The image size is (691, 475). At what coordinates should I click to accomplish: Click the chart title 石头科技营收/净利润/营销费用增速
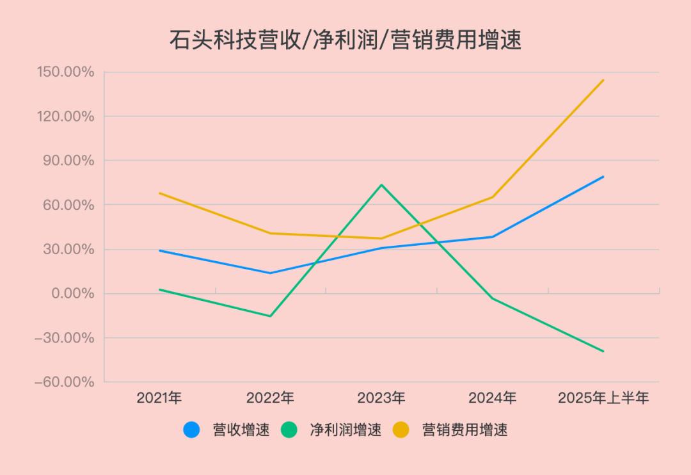(x=345, y=40)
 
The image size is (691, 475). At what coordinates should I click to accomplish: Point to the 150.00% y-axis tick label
(x=65, y=72)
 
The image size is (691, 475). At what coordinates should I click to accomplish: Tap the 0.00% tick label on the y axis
(x=72, y=294)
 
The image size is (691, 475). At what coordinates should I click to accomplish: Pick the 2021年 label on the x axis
(x=159, y=398)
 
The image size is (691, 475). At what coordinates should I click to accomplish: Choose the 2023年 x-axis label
(x=381, y=398)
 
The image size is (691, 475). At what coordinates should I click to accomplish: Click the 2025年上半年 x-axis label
(x=603, y=398)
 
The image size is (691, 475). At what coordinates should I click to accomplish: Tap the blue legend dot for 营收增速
(x=191, y=430)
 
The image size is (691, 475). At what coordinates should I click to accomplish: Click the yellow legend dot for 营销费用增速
(x=401, y=430)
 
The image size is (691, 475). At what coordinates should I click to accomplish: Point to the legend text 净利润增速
(x=345, y=430)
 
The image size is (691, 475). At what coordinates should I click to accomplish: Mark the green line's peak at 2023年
(x=381, y=185)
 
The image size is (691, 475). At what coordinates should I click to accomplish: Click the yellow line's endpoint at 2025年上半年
(x=603, y=80)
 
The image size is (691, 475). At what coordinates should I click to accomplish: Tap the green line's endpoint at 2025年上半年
(x=603, y=351)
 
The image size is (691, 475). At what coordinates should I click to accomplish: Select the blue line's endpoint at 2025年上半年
(x=603, y=177)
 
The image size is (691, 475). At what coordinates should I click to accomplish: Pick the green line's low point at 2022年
(x=271, y=316)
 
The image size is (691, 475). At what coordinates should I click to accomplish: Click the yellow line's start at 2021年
(x=159, y=193)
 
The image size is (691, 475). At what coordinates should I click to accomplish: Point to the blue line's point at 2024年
(x=493, y=237)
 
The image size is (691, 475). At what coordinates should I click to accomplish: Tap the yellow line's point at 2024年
(x=493, y=197)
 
